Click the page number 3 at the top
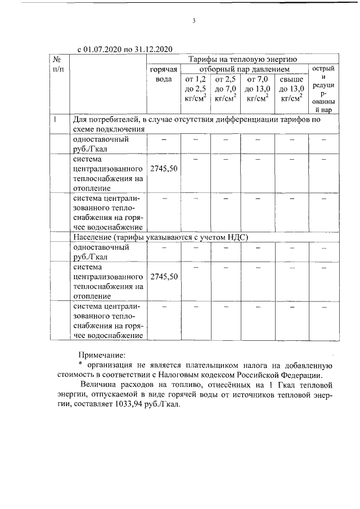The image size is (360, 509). pos(193,21)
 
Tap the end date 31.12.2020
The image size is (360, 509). pos(152,49)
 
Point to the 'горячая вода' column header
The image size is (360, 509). pos(164,74)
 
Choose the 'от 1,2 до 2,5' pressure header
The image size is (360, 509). pos(195,89)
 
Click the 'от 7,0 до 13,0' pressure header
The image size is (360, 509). pos(258,89)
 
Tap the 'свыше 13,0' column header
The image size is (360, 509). pos(291,89)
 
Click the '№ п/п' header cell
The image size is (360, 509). pos(58,64)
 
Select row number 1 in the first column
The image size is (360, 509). pos(55,119)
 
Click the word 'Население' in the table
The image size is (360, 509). pos(93,237)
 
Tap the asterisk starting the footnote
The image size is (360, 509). pos(80,366)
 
